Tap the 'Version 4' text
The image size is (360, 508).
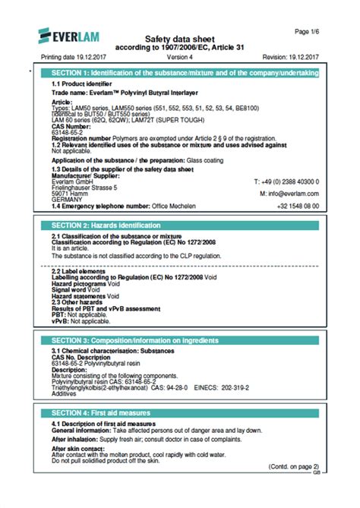click(179, 57)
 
